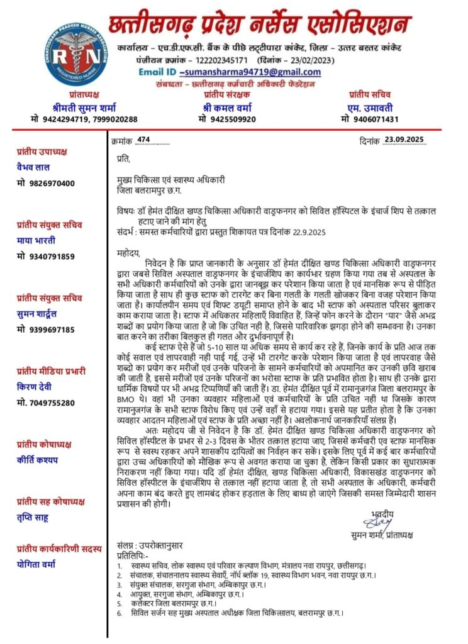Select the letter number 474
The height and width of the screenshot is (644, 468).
click(143, 140)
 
